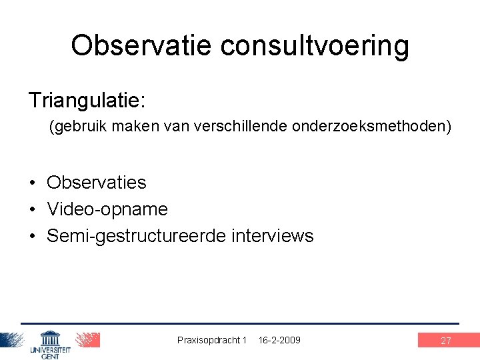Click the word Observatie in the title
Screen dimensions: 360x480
141,45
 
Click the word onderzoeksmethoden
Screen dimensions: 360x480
369,127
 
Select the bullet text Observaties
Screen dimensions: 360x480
97,182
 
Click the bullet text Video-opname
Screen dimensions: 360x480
107,209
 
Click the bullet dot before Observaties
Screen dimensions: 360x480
32,183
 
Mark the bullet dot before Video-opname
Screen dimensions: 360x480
32,209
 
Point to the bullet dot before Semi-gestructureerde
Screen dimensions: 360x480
32,237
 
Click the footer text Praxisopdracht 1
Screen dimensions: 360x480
212,340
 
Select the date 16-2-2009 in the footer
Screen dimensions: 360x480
279,340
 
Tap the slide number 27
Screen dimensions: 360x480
446,341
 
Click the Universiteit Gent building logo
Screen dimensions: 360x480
50,343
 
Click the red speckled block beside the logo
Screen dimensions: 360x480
87,339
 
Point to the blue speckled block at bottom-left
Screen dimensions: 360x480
12,339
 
